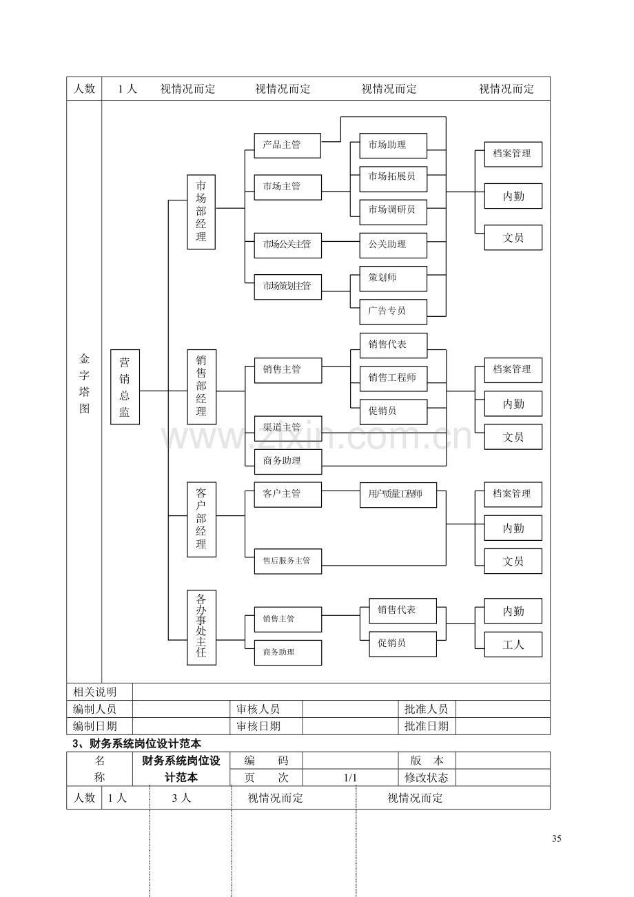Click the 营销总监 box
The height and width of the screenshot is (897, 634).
125,386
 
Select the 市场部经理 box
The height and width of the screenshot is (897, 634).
201,212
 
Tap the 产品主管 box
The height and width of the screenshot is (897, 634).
287,145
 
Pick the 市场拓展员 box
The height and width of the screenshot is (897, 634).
393,179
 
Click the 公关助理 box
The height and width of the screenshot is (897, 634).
393,245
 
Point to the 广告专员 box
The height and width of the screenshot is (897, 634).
393,311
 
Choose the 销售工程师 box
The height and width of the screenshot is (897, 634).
393,379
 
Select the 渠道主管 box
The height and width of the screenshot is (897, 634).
288,429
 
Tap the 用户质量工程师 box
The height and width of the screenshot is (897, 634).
398,495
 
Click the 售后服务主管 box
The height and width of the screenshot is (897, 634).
287,561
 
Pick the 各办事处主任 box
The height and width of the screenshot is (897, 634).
201,628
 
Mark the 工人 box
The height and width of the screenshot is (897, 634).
513,644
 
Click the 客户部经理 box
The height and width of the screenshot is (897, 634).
201,519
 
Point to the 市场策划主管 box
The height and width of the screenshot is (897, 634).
287,287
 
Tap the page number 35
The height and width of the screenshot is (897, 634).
556,838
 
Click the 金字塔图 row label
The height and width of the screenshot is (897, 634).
84,383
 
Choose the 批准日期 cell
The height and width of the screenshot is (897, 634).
427,726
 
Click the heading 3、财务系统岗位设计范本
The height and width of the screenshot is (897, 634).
136,743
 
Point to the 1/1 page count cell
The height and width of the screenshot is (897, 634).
350,778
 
